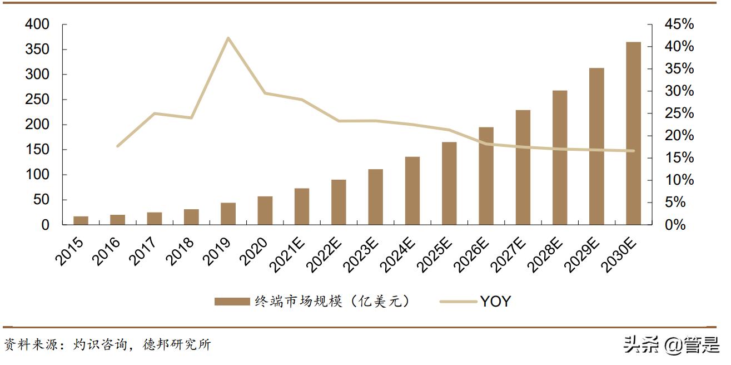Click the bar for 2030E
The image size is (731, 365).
click(x=633, y=134)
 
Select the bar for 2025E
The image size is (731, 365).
click(x=449, y=184)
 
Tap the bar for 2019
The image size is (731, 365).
click(x=228, y=214)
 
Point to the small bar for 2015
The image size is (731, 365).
click(x=81, y=220)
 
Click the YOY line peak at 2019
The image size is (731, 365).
click(x=228, y=38)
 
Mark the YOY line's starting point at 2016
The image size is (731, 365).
click(x=117, y=146)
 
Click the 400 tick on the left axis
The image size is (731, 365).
click(x=37, y=24)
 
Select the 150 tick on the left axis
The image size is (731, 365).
click(x=37, y=150)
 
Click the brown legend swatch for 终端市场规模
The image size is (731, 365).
click(x=232, y=302)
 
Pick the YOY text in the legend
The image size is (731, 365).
click(x=495, y=302)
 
